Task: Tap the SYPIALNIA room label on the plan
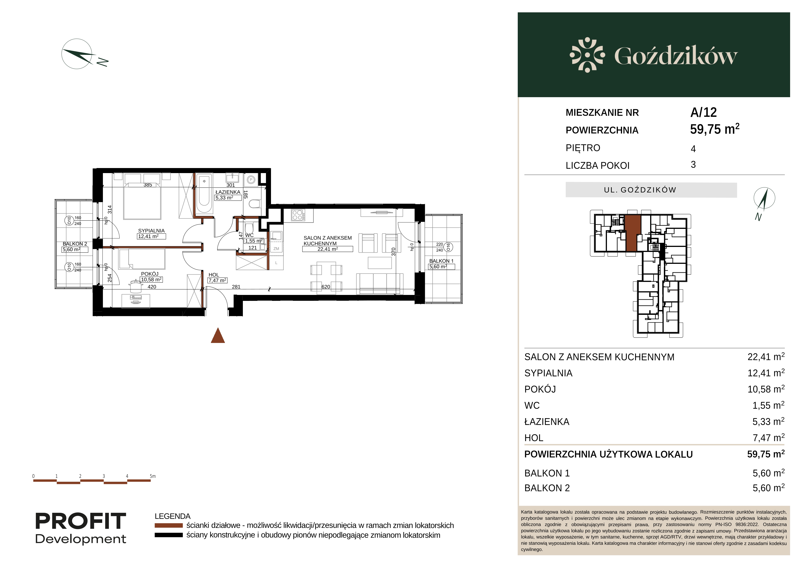pos(151,231)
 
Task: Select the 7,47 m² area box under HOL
pos(218,280)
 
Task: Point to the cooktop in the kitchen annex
pos(298,215)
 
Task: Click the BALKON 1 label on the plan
pos(441,261)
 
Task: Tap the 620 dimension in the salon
pos(326,287)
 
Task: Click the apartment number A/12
pos(703,112)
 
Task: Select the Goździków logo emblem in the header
pos(587,55)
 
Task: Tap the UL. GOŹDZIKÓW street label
pos(640,190)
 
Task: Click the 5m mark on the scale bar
pos(152,476)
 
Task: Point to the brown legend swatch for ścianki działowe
pos(169,525)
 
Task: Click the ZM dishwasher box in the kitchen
pos(276,249)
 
